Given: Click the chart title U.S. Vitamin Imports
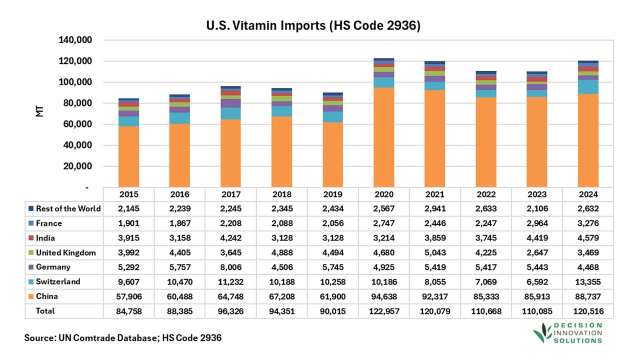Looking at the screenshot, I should (x=313, y=25).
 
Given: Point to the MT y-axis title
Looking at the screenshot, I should (x=39, y=111).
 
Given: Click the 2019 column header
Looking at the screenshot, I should (x=332, y=194).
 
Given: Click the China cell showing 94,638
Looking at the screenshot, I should (x=384, y=296).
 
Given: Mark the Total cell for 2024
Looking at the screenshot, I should (x=588, y=311).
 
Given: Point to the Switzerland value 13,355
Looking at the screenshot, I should (x=588, y=281).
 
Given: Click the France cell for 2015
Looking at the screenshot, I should (x=128, y=223).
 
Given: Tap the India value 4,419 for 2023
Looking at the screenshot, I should (x=537, y=238).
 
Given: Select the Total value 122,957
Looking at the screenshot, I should (x=384, y=311).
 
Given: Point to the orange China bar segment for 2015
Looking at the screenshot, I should (x=128, y=156).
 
